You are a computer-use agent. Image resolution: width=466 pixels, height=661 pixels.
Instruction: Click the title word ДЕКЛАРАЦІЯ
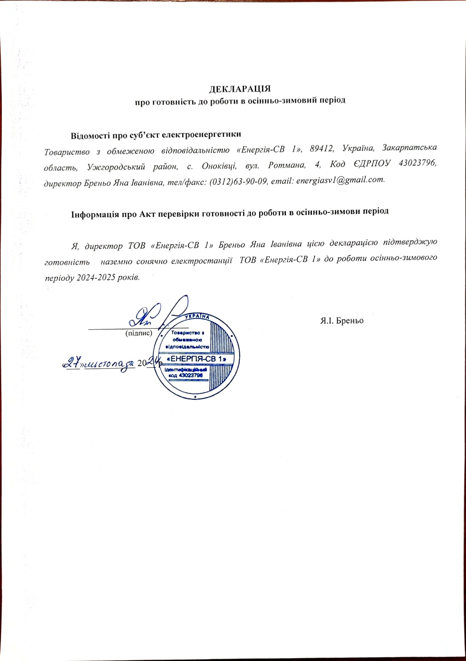pyautogui.click(x=240, y=89)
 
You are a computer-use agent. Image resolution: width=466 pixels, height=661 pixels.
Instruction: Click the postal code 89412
pyautogui.click(x=322, y=148)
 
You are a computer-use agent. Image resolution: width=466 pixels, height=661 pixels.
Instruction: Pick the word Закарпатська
pyautogui.click(x=409, y=147)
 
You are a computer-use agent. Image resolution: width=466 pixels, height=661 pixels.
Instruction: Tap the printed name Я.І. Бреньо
pyautogui.click(x=342, y=320)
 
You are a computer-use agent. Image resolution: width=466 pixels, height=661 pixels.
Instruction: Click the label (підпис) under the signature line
pyautogui.click(x=139, y=333)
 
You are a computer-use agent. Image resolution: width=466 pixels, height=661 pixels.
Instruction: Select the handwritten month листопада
pyautogui.click(x=110, y=363)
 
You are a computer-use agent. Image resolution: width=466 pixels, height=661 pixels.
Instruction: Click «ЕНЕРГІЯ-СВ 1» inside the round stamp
pyautogui.click(x=196, y=359)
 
